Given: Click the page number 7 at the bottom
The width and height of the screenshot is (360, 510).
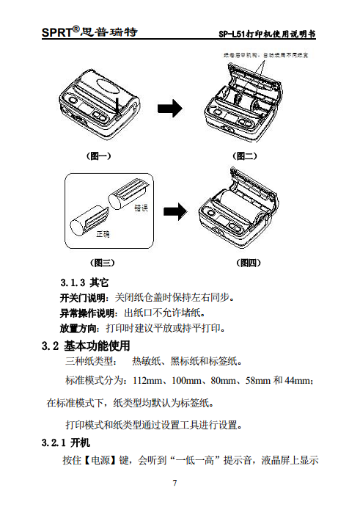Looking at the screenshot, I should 175,482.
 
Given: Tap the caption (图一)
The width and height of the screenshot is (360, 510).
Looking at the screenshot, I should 98,156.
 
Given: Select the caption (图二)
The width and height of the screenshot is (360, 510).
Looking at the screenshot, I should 245,156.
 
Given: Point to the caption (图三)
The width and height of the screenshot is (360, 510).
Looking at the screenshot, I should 102,262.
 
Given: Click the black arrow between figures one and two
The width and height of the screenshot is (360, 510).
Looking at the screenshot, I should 171,109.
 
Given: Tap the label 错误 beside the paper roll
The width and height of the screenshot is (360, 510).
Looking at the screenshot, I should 142,208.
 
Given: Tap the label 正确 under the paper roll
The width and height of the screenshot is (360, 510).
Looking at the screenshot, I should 102,234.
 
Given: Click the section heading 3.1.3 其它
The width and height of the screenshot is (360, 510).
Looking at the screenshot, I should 84,282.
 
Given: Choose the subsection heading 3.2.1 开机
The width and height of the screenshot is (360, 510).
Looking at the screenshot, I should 66,443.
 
